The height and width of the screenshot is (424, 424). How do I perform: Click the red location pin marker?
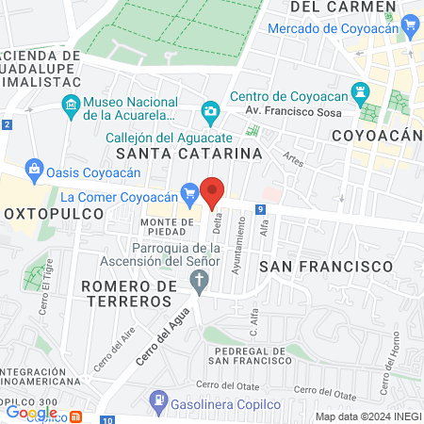click(x=213, y=191)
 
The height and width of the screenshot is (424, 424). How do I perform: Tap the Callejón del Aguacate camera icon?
click(x=211, y=111)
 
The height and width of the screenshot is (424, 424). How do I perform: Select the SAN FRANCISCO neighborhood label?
click(x=325, y=267)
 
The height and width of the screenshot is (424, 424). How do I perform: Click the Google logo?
click(x=31, y=412)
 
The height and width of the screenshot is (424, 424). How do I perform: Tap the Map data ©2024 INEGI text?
click(x=367, y=416)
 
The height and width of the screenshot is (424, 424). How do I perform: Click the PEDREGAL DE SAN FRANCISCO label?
click(x=240, y=355)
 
